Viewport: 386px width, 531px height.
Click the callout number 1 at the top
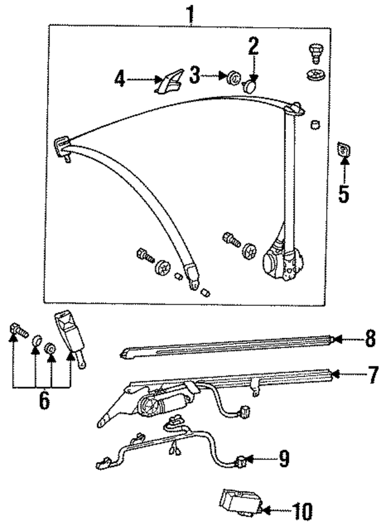click(x=191, y=13)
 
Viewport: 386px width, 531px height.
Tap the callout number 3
click(x=194, y=75)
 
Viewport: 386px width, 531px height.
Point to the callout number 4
click(x=120, y=80)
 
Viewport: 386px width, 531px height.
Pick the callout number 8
click(x=371, y=340)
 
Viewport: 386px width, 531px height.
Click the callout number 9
click(x=283, y=459)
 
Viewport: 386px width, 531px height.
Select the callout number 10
click(x=302, y=512)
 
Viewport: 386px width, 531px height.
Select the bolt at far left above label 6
click(x=17, y=329)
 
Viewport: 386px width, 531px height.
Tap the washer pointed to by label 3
click(x=232, y=77)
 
